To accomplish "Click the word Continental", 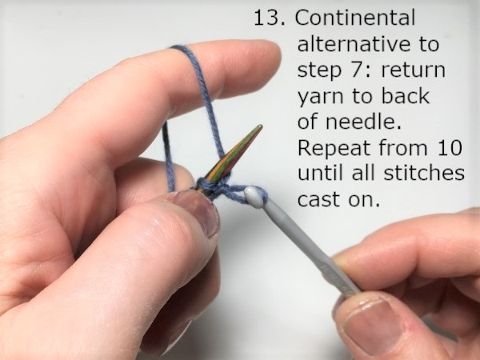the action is pyautogui.click(x=355, y=18).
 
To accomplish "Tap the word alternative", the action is pyautogui.click(x=353, y=43).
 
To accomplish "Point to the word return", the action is pyautogui.click(x=413, y=70).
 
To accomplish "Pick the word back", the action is pyautogui.click(x=406, y=96).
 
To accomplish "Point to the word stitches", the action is pyautogui.click(x=424, y=174).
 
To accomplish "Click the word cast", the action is pyautogui.click(x=318, y=200).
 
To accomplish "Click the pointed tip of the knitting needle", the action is pyautogui.click(x=261, y=126).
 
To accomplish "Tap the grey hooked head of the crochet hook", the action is pyautogui.click(x=254, y=196).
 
